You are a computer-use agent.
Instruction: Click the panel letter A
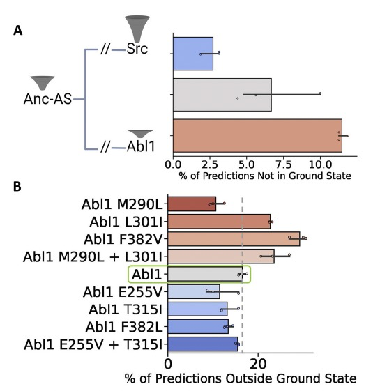click(17, 31)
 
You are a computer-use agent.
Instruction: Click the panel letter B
click(17, 187)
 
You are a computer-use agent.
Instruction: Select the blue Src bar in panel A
click(193, 54)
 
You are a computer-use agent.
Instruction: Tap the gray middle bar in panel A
click(222, 95)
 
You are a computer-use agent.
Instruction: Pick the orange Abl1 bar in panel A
click(257, 136)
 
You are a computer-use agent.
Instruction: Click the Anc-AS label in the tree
click(47, 99)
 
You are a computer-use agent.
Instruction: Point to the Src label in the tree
click(137, 49)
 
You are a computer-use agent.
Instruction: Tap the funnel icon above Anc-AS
click(43, 83)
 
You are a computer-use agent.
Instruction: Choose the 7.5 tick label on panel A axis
click(284, 164)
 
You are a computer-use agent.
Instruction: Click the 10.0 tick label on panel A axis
click(320, 164)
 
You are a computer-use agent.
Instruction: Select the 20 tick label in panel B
click(258, 364)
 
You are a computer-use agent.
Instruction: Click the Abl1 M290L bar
click(192, 204)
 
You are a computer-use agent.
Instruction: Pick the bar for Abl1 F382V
click(234, 239)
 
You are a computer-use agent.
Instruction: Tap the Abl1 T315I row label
click(126, 309)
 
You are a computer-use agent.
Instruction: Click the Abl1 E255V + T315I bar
click(203, 344)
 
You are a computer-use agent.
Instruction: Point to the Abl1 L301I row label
click(126, 222)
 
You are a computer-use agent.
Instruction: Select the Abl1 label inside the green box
click(146, 275)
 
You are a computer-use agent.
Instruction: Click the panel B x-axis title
click(241, 378)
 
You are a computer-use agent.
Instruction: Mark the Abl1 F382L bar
click(198, 327)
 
